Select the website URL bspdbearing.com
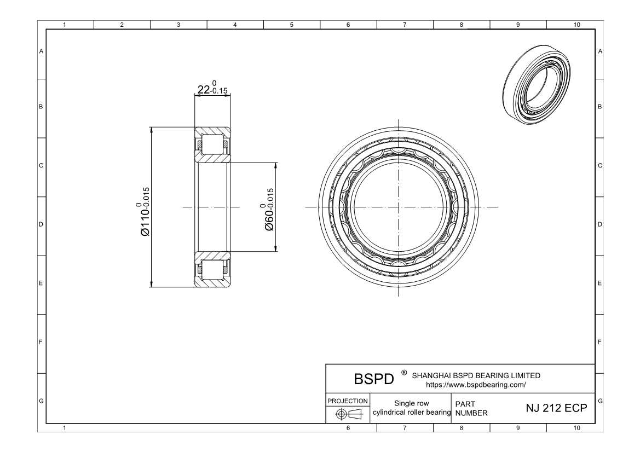(x=476, y=385)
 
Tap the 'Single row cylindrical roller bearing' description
(x=411, y=408)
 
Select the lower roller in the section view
(x=212, y=268)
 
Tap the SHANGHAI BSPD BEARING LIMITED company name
(x=476, y=375)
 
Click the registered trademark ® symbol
(x=403, y=373)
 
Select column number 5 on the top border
(x=291, y=25)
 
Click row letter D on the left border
(x=41, y=225)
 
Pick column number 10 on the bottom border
(x=575, y=428)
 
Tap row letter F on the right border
(x=601, y=343)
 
